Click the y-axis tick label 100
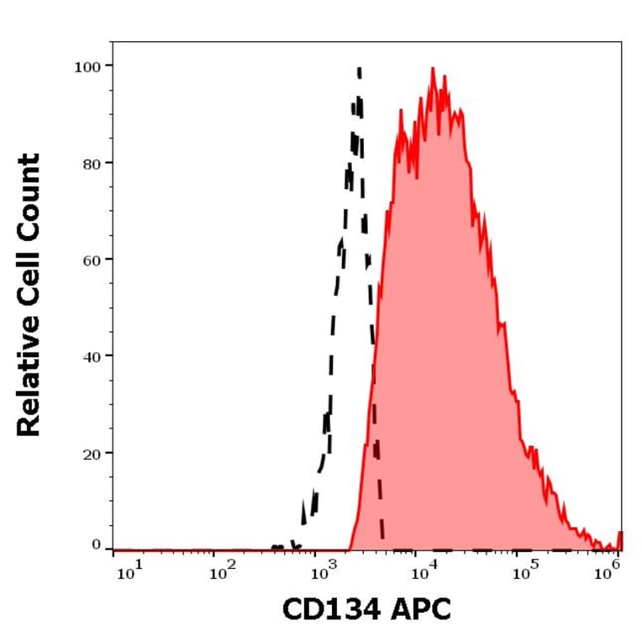[87, 66]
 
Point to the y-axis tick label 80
[91, 162]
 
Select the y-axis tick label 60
[91, 259]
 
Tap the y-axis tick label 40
[91, 355]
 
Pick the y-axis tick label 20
[91, 452]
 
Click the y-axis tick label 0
[95, 545]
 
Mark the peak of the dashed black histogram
[359, 70]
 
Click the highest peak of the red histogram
[433, 69]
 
